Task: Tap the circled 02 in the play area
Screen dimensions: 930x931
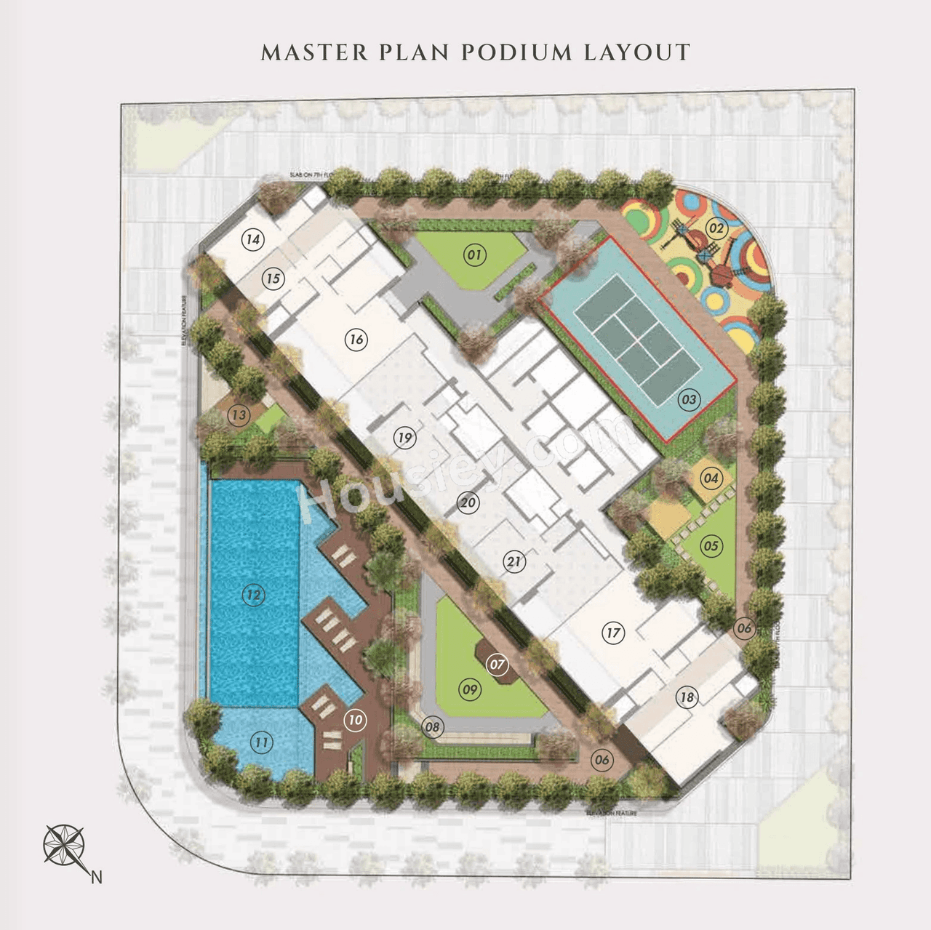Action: pyautogui.click(x=716, y=228)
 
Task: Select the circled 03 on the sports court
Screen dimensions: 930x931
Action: pyautogui.click(x=689, y=399)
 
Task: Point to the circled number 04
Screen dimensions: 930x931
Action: pyautogui.click(x=711, y=478)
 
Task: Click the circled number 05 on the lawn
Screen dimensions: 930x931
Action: pyautogui.click(x=711, y=546)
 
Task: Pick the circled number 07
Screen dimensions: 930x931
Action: pyautogui.click(x=498, y=664)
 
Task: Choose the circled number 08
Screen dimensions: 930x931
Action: pyautogui.click(x=433, y=726)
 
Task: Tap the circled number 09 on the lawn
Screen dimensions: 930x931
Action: pyautogui.click(x=470, y=689)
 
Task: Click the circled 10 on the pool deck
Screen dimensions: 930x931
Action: pyautogui.click(x=355, y=720)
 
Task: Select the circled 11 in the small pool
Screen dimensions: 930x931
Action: pyautogui.click(x=262, y=742)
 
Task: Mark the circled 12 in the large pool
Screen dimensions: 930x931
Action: pyautogui.click(x=253, y=596)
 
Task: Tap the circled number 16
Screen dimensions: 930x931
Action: pyautogui.click(x=356, y=339)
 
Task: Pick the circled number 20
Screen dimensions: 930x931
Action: pyautogui.click(x=468, y=502)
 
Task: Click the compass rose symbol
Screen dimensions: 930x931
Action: pyautogui.click(x=64, y=844)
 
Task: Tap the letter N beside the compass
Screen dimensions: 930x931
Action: pyautogui.click(x=96, y=878)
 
